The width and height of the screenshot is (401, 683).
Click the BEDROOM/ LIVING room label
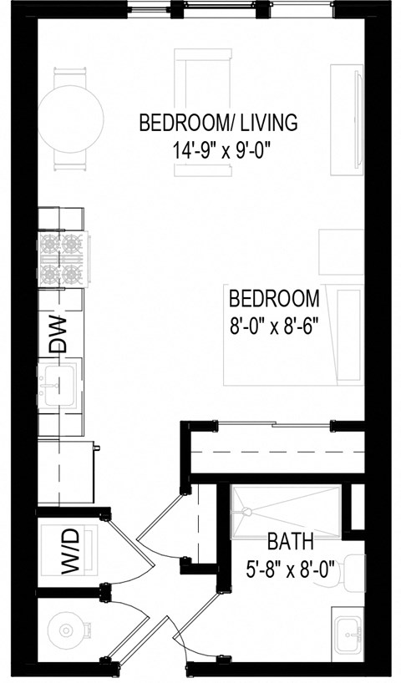pos(217,124)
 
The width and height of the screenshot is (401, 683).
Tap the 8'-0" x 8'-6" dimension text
pos(274,322)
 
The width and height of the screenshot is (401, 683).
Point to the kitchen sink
pos(58,387)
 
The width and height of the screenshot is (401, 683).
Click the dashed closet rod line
pos(276,455)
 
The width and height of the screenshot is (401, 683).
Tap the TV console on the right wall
pos(347,121)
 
